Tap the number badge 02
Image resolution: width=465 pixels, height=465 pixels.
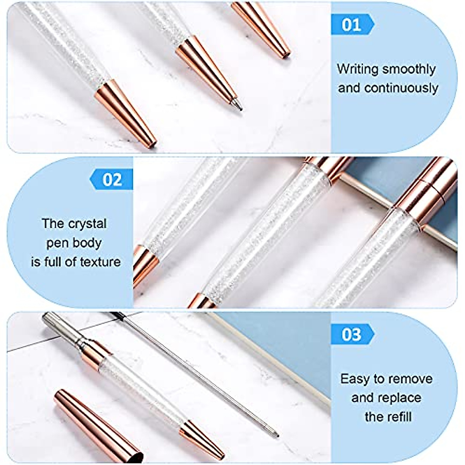[x=112, y=180]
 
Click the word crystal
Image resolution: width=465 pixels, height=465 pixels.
[x=87, y=224]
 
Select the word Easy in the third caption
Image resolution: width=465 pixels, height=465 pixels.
[x=354, y=379]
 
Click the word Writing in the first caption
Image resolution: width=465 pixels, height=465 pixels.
[x=357, y=69]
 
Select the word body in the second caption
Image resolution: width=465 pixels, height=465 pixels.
[x=90, y=243]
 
